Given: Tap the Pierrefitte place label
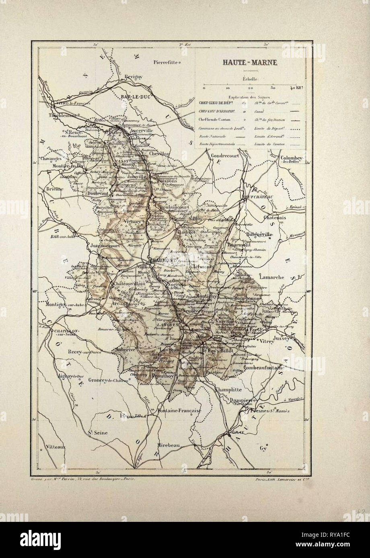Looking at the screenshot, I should pos(166,62).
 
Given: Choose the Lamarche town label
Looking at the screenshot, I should pos(272,277).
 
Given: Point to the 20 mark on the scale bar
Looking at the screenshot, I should pos(250,88).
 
